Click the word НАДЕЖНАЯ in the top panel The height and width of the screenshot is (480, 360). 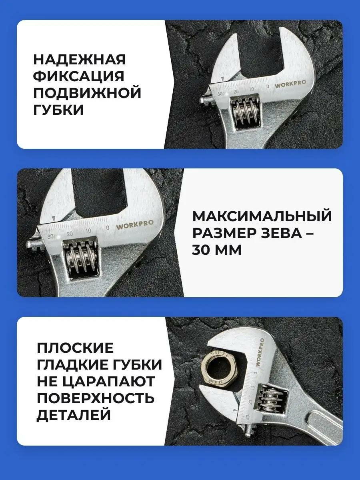pos(79,60)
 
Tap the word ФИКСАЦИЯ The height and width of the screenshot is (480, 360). pos(78,76)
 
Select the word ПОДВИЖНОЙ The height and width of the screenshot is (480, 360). pos(87,93)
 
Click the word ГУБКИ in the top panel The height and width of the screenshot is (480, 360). pos(58,110)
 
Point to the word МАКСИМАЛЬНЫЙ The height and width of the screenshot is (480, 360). pos(262,216)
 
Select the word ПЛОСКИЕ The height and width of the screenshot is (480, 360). pos(75,348)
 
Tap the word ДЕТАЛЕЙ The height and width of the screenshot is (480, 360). pos(74,415)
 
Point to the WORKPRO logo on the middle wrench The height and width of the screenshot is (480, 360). pos(135,225)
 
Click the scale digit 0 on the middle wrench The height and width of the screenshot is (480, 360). pos(107,228)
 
